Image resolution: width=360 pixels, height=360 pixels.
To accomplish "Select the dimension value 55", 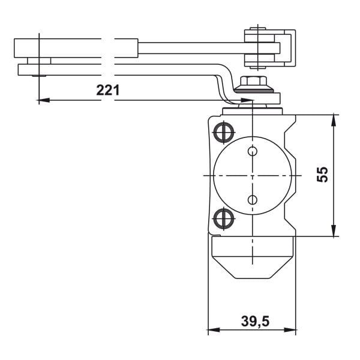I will (x=322, y=175).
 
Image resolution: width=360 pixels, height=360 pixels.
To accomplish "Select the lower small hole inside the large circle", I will (x=253, y=199).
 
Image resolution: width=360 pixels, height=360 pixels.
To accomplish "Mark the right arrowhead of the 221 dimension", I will (x=247, y=100).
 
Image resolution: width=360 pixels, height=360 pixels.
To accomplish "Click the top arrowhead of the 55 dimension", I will (x=332, y=117).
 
